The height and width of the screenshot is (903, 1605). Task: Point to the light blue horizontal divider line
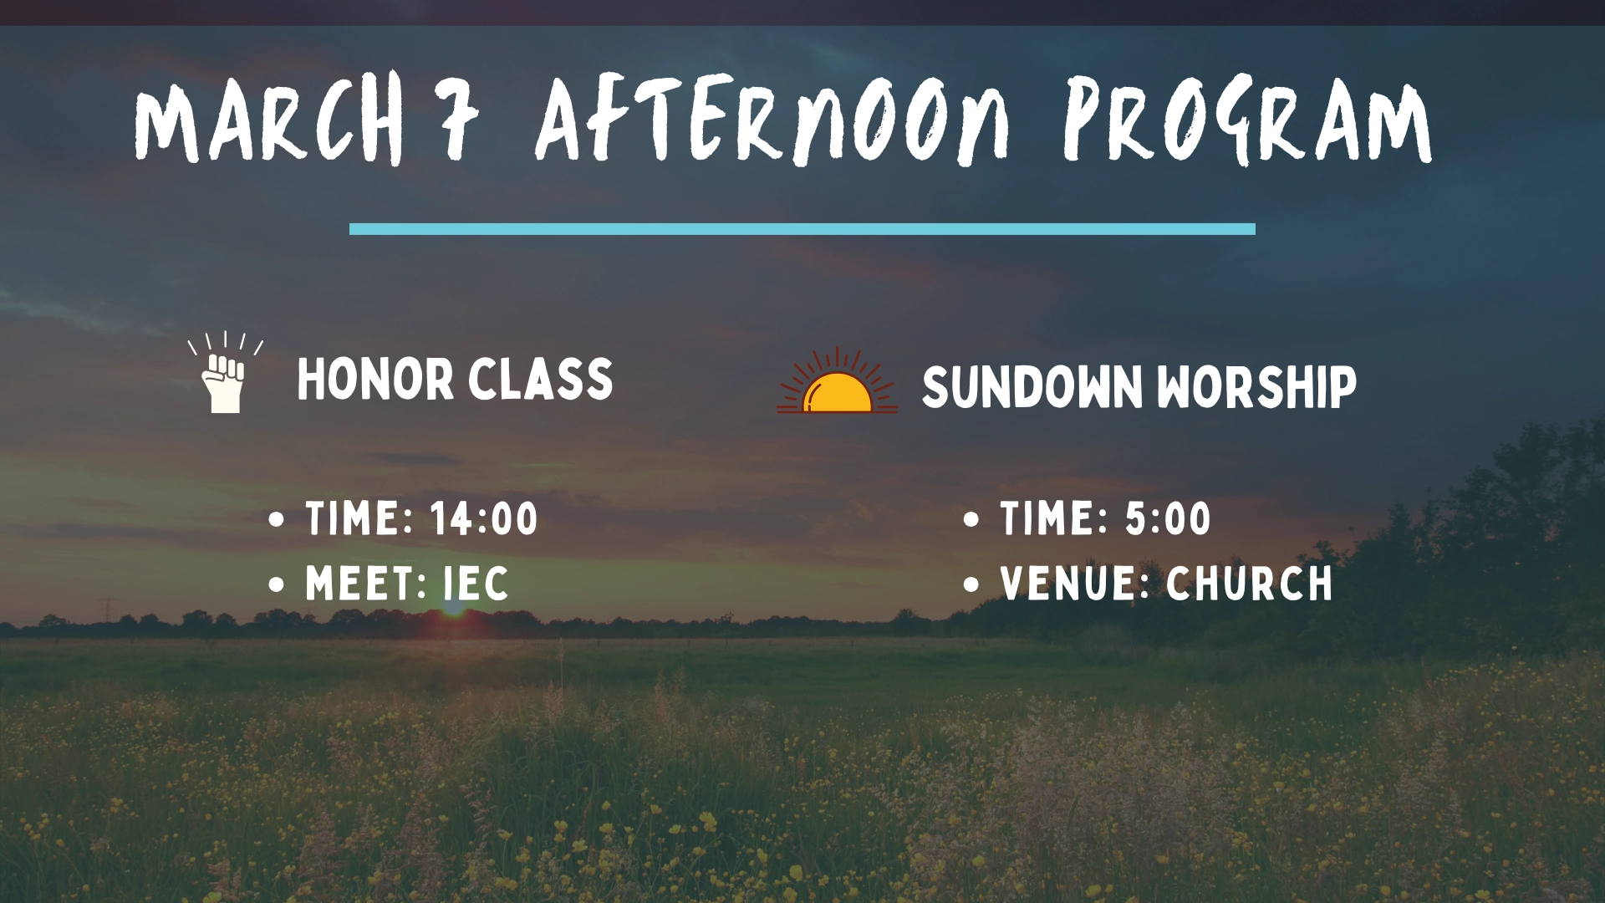click(802, 229)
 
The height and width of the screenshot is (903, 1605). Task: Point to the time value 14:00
click(485, 518)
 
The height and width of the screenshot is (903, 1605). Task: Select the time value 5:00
click(1168, 518)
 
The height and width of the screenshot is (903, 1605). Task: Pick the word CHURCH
click(1250, 583)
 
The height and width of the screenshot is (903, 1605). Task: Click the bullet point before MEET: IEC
click(278, 584)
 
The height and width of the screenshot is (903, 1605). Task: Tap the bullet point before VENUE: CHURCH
click(971, 584)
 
